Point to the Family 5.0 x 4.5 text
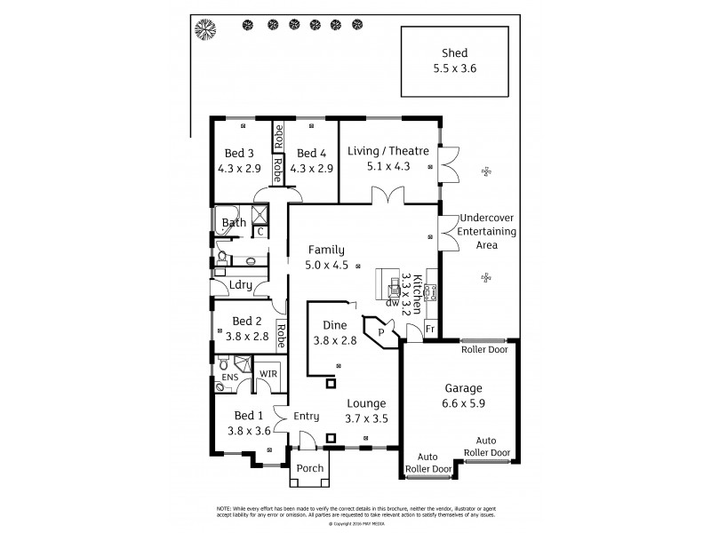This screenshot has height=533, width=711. pos(325,257)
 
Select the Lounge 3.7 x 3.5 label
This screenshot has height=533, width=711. pos(367,410)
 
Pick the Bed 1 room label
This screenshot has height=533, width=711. pos(248,423)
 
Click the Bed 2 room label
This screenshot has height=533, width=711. pos(246,329)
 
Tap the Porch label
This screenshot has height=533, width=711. pos(309,468)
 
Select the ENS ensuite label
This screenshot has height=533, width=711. pos(229,378)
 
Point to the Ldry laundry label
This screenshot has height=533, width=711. pos(241,285)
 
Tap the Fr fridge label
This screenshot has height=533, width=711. pos(430,329)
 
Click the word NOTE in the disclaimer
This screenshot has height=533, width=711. pos(225,508)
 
